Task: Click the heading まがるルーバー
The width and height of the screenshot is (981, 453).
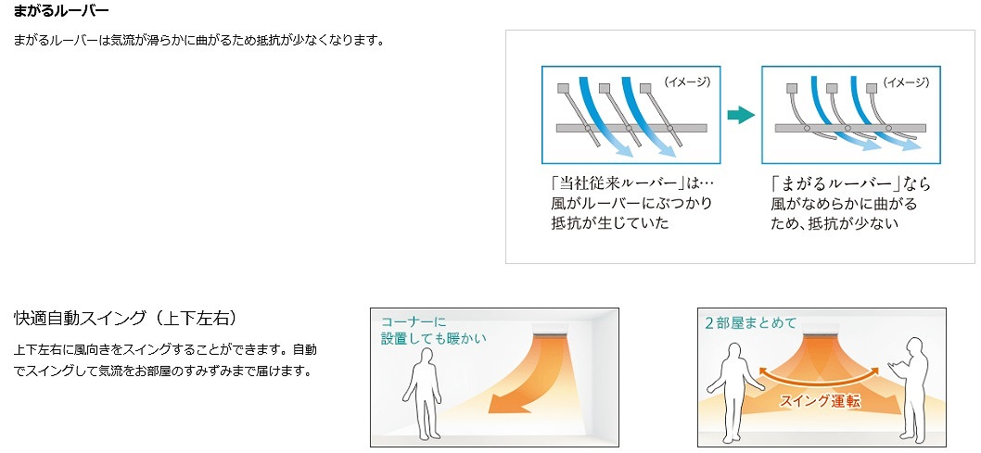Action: click(x=61, y=12)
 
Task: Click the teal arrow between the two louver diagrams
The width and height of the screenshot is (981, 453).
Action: click(x=739, y=115)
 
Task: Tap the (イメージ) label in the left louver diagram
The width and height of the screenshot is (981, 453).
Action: click(x=687, y=82)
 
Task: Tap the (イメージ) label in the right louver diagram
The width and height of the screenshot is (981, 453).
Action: click(x=905, y=82)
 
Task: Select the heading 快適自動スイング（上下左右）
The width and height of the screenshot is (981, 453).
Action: click(x=126, y=319)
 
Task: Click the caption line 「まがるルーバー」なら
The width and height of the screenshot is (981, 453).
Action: click(x=849, y=183)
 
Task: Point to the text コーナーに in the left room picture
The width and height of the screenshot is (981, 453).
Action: click(x=414, y=321)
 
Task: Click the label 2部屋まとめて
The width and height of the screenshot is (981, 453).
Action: click(x=750, y=322)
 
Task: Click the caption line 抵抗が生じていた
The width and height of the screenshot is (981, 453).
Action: click(x=609, y=223)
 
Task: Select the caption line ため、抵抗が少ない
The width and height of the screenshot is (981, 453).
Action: click(x=834, y=223)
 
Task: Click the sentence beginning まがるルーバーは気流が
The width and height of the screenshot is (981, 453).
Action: click(x=199, y=41)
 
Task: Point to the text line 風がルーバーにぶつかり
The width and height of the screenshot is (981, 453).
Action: click(x=631, y=203)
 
